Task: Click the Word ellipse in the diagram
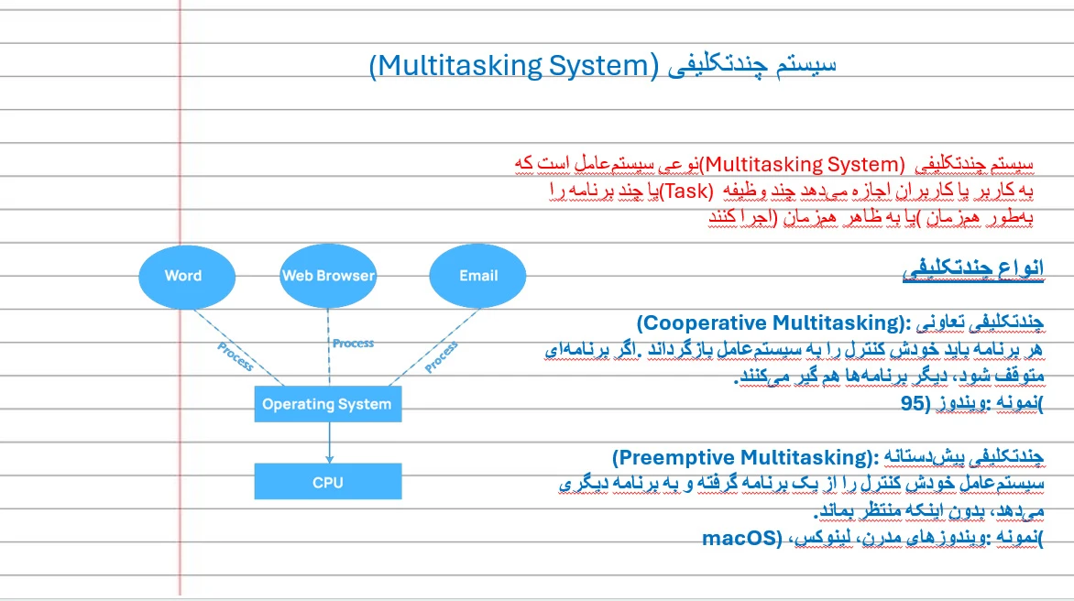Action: point(187,277)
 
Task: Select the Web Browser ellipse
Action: point(328,276)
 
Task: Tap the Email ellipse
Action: point(477,276)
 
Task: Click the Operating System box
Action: point(327,404)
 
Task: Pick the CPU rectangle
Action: point(327,481)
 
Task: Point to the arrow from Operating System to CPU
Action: point(330,443)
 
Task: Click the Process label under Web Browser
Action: point(354,343)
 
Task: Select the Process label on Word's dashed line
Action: point(235,356)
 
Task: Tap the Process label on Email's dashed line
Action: point(441,357)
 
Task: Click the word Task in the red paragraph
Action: point(688,191)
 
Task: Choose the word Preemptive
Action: point(678,457)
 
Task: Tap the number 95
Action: point(913,403)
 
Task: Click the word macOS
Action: point(738,538)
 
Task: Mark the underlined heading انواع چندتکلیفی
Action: point(973,268)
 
